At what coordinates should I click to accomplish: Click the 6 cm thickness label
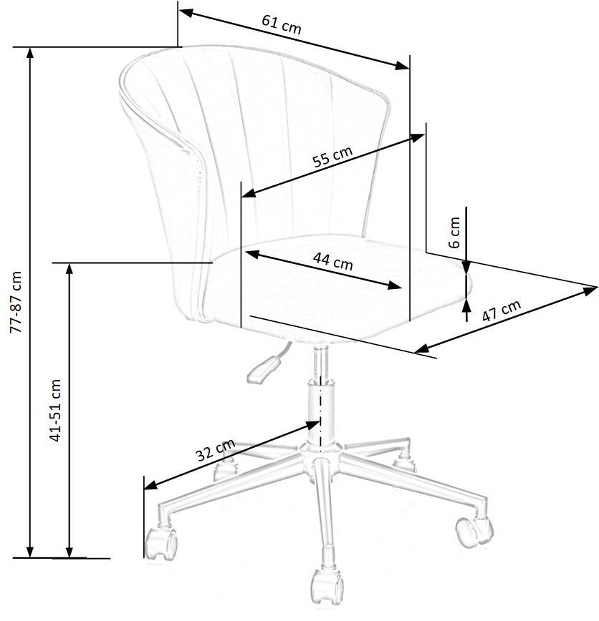click(454, 232)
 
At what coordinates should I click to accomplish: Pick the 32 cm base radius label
click(215, 451)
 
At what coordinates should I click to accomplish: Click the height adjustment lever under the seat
click(264, 368)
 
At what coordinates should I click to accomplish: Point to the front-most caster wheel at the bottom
click(326, 585)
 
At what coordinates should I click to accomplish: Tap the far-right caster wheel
click(473, 529)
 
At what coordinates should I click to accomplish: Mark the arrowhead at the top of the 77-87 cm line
click(29, 52)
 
